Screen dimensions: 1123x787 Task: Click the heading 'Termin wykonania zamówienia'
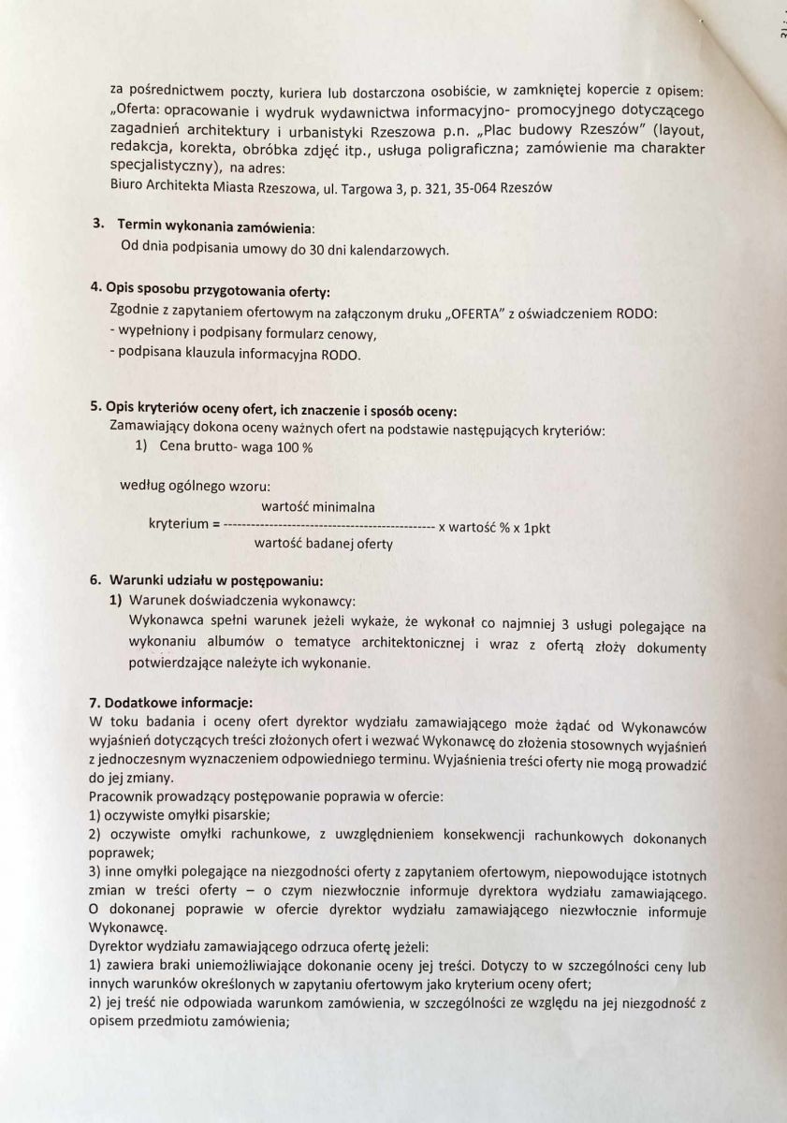(215, 226)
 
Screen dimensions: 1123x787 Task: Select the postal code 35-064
(474, 187)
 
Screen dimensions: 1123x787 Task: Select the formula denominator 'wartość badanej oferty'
(323, 543)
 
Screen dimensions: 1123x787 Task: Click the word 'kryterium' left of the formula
(179, 525)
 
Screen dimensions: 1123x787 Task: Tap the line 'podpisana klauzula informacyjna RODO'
(234, 355)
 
